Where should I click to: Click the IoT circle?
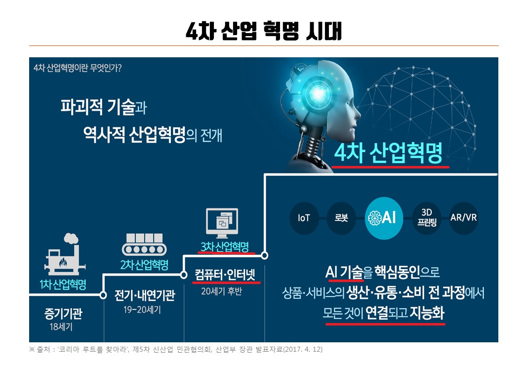click(x=304, y=218)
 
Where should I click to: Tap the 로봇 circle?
click(x=341, y=218)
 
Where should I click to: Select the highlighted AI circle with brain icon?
click(x=384, y=218)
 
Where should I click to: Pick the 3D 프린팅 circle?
click(x=427, y=218)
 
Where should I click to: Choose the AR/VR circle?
click(x=463, y=218)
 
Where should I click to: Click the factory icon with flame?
click(x=64, y=254)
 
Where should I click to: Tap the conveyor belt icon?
click(x=144, y=245)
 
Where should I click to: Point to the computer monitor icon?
click(x=222, y=223)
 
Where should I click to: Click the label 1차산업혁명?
click(x=63, y=285)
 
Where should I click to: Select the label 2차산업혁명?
click(x=144, y=265)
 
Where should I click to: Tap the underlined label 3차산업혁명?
click(x=225, y=247)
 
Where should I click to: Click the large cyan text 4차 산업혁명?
click(x=388, y=153)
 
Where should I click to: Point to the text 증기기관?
click(x=63, y=314)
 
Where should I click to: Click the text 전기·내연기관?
click(x=145, y=295)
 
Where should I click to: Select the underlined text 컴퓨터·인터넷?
click(x=225, y=275)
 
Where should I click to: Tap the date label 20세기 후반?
click(x=221, y=291)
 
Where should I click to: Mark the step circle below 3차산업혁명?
click(x=265, y=256)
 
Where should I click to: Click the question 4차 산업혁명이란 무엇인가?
click(x=78, y=68)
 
